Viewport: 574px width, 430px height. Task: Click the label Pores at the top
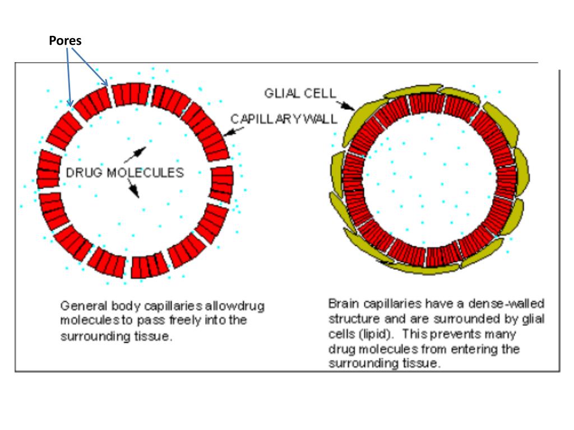pos(65,41)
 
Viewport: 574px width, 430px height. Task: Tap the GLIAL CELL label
pos(300,94)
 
